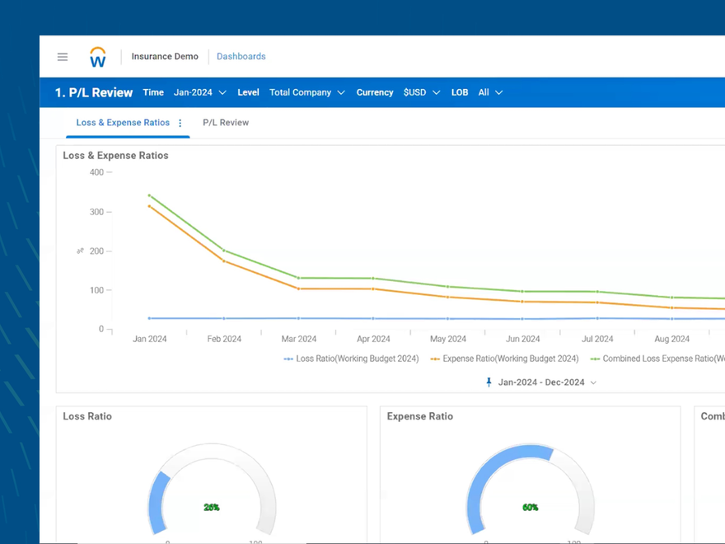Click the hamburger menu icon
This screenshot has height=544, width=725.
click(63, 57)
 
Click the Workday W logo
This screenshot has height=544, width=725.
click(97, 57)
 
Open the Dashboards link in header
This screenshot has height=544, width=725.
click(241, 57)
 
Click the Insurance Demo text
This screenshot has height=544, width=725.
click(165, 57)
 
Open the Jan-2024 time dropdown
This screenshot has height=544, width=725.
click(200, 92)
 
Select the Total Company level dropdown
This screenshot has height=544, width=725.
click(306, 92)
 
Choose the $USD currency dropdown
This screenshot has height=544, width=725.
click(422, 92)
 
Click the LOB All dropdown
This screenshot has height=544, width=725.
click(490, 92)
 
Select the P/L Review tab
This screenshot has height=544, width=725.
click(226, 123)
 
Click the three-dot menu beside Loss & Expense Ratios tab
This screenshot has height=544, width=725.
click(180, 123)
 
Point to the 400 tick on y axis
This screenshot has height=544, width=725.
click(96, 172)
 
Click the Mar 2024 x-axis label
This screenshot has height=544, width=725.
click(299, 339)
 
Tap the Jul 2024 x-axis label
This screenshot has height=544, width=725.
click(597, 339)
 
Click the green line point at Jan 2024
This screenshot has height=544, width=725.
click(149, 195)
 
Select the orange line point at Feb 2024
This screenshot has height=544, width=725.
click(224, 261)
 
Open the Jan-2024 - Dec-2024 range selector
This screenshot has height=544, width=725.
click(541, 382)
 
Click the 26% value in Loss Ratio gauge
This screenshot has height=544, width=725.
click(212, 508)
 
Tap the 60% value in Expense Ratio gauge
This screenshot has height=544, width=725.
click(531, 508)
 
